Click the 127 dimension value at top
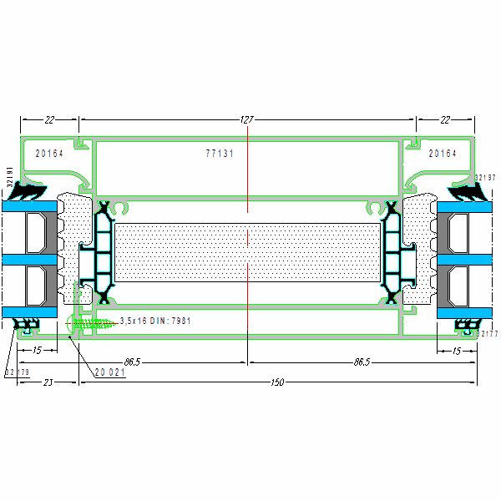[x=246, y=120]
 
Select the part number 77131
[x=220, y=154]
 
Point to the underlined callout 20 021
[x=109, y=372]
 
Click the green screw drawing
[x=94, y=321]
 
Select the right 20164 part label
[x=443, y=154]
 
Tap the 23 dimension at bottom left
[x=47, y=382]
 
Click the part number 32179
[x=17, y=372]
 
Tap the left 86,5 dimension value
[x=131, y=362]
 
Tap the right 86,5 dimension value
[x=362, y=362]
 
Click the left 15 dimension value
[x=38, y=351]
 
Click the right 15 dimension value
[x=456, y=351]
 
